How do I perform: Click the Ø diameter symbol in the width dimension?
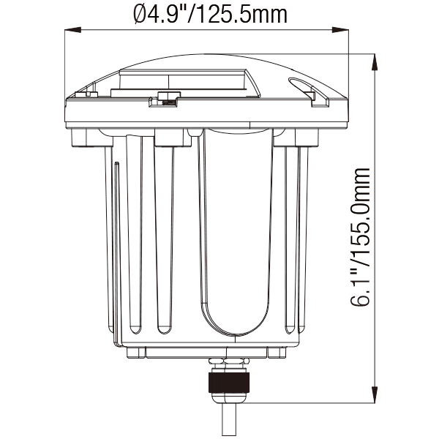click(x=140, y=15)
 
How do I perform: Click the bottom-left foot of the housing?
click(x=136, y=353)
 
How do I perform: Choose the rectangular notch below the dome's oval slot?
click(x=321, y=102)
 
